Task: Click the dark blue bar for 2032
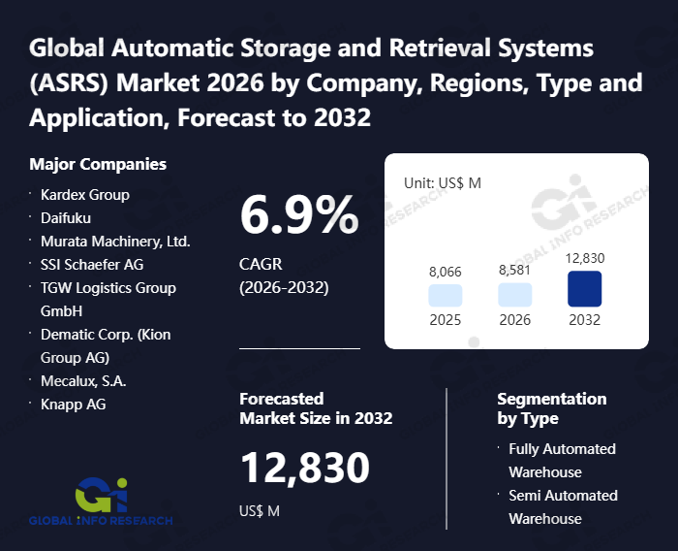click(x=585, y=289)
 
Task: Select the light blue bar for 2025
click(x=446, y=296)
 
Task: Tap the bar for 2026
click(x=515, y=296)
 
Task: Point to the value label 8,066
click(x=446, y=272)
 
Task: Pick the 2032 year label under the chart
click(x=585, y=320)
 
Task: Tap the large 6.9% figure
click(x=298, y=214)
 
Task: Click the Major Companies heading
click(x=98, y=164)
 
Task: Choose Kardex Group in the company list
click(x=85, y=195)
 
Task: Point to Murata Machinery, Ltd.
click(x=115, y=242)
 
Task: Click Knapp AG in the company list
click(x=74, y=405)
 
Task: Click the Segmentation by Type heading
click(x=551, y=408)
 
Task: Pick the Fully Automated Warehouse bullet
click(x=562, y=461)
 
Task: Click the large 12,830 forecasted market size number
click(x=304, y=469)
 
